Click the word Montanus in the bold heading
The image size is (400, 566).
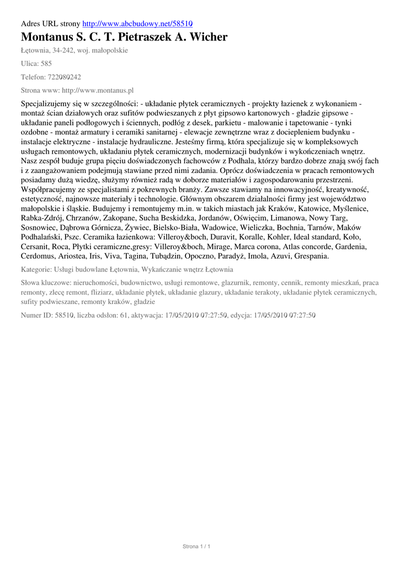point(49,37)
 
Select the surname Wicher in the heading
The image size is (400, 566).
point(207,37)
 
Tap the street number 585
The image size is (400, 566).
point(46,64)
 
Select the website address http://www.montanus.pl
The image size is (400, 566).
point(98,90)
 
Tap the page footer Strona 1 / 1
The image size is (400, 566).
point(197,547)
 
